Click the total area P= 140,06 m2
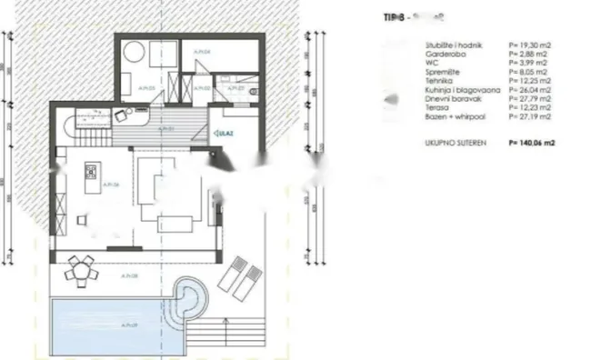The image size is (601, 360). coord(531,143)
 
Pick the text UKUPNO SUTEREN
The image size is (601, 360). coord(455,143)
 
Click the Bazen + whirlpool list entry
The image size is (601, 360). coord(455,117)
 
